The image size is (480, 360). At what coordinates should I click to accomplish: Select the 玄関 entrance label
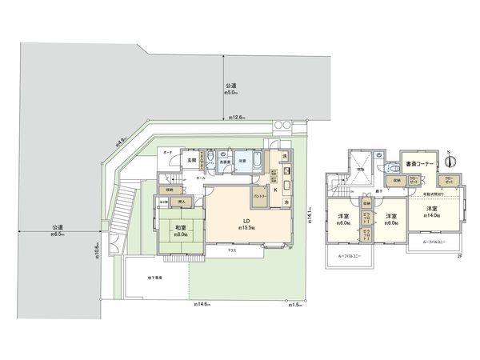pyautogui.click(x=192, y=160)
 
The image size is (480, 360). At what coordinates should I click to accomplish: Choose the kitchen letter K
pyautogui.click(x=277, y=190)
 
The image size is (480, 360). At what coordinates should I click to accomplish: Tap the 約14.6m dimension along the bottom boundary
pyautogui.click(x=202, y=305)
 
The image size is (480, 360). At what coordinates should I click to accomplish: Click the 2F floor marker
pyautogui.click(x=459, y=256)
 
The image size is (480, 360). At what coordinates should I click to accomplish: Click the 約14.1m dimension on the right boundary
pyautogui.click(x=308, y=210)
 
